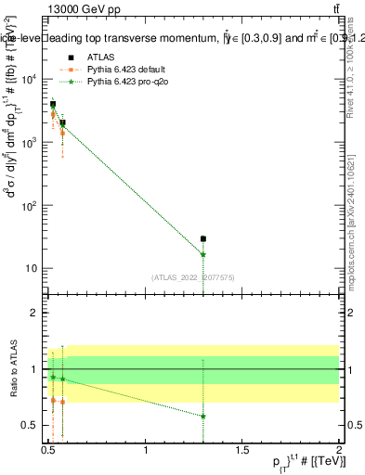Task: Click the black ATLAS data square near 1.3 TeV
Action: coord(202,238)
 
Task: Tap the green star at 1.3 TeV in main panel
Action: coord(202,254)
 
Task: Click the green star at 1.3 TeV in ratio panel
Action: coord(202,417)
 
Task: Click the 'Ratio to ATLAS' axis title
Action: coord(12,368)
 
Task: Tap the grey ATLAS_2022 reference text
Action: coord(192,276)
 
